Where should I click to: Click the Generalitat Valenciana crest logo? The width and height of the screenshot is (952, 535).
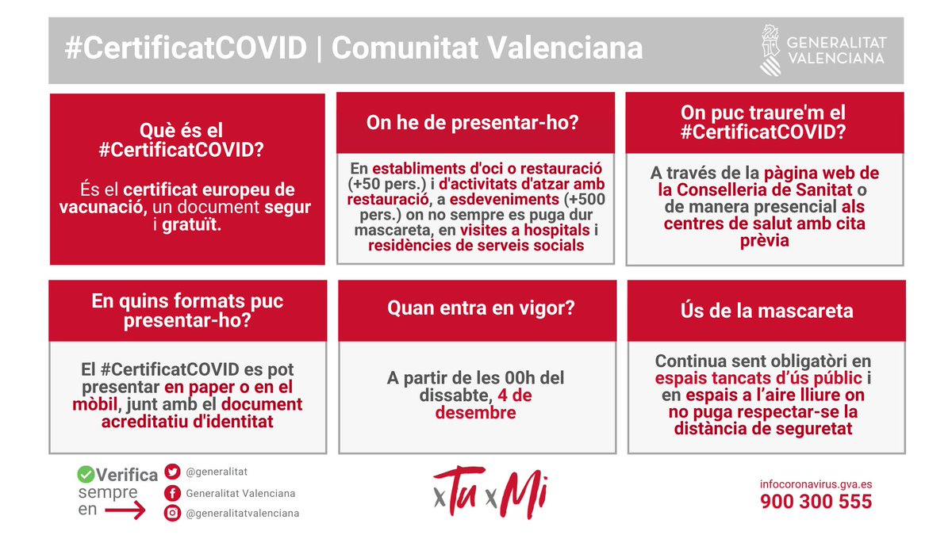point(770,49)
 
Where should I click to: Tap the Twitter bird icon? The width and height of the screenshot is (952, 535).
point(172,472)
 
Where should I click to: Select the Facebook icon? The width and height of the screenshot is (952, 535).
point(172,493)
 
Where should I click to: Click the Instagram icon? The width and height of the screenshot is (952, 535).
point(172,513)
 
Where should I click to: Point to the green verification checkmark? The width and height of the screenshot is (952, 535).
point(86,475)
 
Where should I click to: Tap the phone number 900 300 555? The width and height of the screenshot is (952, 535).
point(816,502)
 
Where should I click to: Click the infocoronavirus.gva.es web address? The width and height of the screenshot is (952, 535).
point(816,483)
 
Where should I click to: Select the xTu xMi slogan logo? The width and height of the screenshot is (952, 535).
point(491,493)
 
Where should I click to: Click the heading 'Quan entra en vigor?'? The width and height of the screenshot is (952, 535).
point(481,309)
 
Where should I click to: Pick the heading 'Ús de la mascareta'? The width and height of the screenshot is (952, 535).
point(766,310)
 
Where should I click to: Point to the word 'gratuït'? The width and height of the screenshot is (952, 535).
point(193,224)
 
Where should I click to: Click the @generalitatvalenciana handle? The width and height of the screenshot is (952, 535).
point(242,513)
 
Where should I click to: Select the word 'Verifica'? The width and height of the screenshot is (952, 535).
point(127,475)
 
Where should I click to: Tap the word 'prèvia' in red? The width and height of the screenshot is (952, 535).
point(764,240)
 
